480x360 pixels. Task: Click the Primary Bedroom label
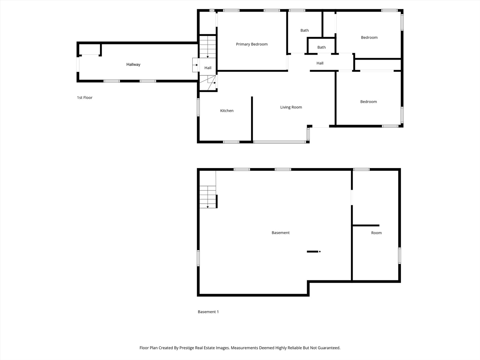coord(252,44)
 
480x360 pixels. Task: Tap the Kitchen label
coord(227,111)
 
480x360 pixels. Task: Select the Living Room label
coord(291,107)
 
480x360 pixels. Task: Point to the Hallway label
coord(133,64)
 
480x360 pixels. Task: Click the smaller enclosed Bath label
coord(321,47)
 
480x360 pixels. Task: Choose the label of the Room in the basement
coord(376,233)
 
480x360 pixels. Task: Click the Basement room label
coord(281,233)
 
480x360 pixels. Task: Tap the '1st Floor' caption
coord(85,97)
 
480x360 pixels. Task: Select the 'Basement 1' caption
coord(208,312)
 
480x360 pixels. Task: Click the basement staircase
coord(208,197)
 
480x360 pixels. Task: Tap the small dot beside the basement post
coord(320,252)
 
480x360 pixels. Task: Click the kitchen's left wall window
coord(198,107)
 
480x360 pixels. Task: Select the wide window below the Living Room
coord(279,142)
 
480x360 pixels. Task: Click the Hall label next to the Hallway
coord(208,68)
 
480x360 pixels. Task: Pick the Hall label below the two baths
coord(320,63)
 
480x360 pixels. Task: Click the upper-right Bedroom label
coord(369,37)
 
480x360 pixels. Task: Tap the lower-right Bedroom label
coord(368,102)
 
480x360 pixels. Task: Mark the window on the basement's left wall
coord(198,258)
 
